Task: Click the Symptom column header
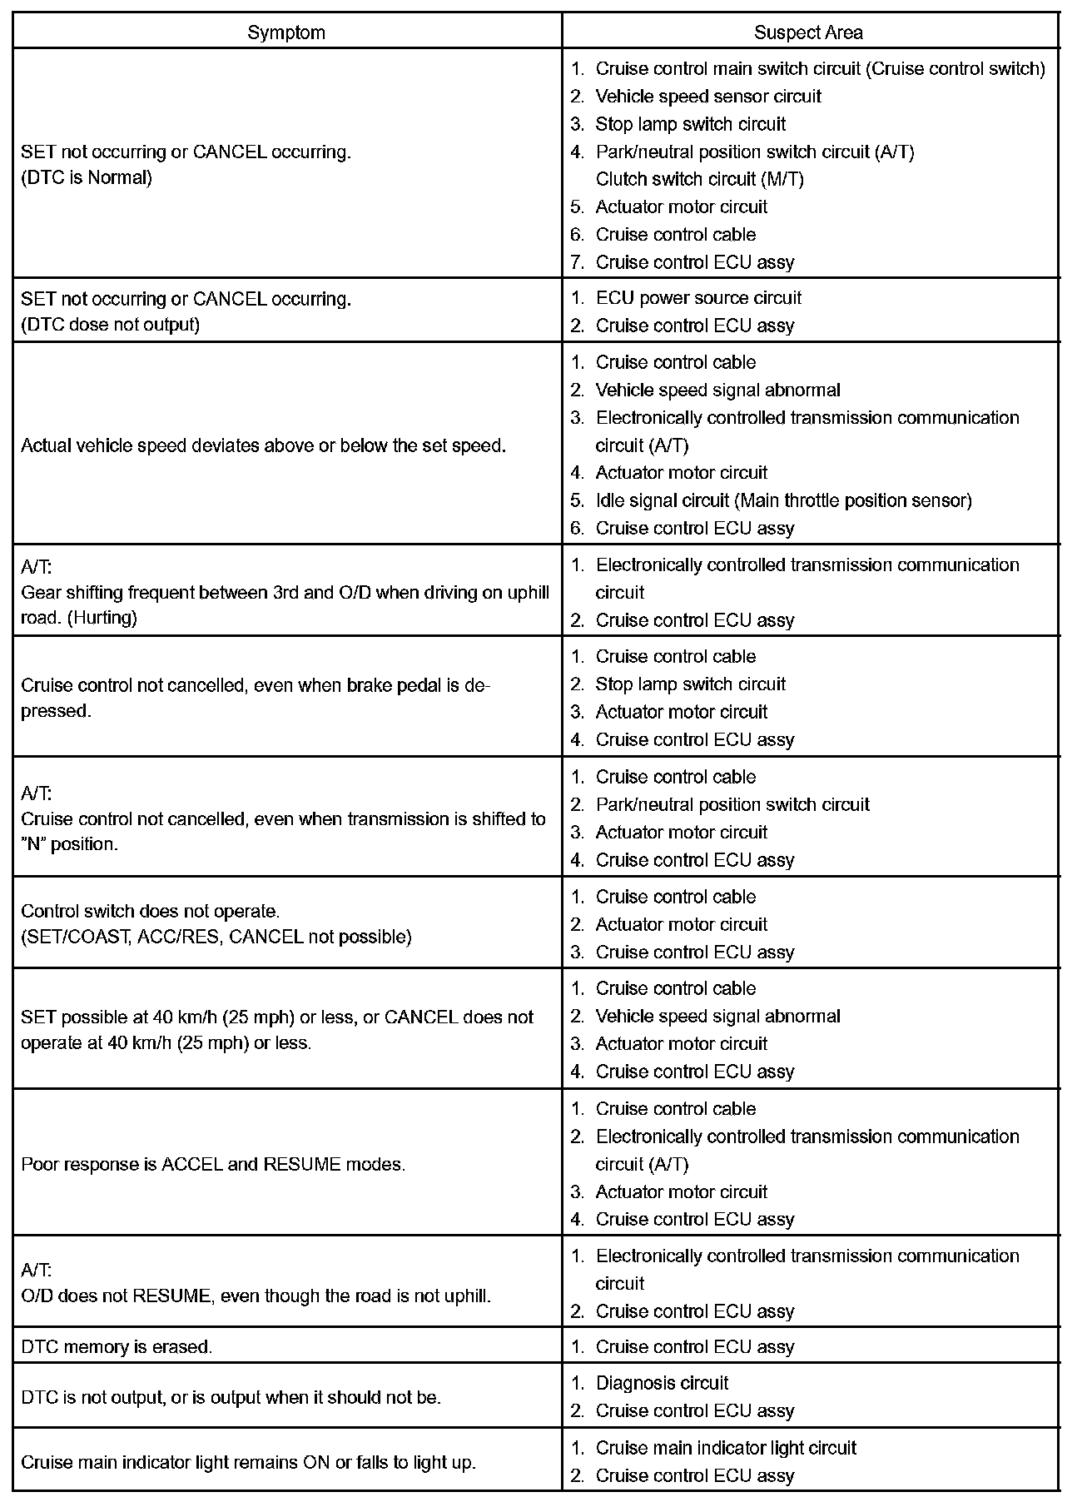point(286,32)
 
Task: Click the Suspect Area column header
point(808,32)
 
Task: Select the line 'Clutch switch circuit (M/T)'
point(699,179)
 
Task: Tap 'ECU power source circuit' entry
point(698,298)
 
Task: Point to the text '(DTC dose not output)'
point(110,325)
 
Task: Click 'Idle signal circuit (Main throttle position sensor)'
point(783,500)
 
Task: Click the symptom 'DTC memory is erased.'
point(117,1347)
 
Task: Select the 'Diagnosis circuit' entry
point(662,1383)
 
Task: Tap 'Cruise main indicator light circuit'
point(726,1448)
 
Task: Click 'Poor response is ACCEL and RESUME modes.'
point(213,1164)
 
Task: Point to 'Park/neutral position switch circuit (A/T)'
point(754,152)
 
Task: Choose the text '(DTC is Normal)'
point(87,177)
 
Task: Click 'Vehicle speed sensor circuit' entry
point(708,97)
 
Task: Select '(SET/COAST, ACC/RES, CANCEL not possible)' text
point(216,937)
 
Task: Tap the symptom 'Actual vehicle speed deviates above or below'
point(263,445)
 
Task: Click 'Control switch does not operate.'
point(150,911)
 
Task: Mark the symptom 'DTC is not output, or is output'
point(231,1397)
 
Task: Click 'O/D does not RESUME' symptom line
point(256,1296)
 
